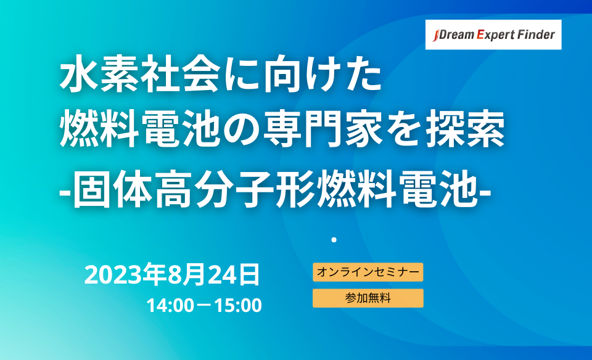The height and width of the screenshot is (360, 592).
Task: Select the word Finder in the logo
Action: point(536,35)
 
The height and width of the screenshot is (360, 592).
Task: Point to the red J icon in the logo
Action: point(435,36)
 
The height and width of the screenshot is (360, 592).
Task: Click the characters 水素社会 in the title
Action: point(140,73)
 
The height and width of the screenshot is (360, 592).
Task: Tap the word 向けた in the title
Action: point(322,73)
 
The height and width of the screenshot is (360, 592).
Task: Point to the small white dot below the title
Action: point(334,240)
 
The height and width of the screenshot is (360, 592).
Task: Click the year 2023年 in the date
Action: point(125,274)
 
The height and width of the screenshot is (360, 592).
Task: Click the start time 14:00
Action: point(170,305)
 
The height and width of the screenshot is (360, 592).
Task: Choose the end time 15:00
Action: point(238,305)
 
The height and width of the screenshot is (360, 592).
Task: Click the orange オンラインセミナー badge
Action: point(368,272)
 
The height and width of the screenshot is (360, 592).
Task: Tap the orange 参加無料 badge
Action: point(368,298)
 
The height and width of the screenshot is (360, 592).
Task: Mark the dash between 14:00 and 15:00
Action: point(204,306)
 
